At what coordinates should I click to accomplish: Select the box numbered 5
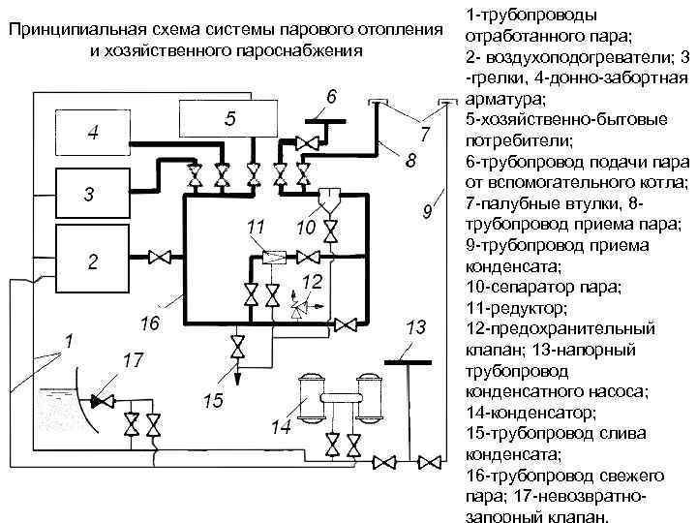tap(227, 120)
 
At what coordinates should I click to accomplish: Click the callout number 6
tap(331, 97)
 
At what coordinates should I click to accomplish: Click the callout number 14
tap(282, 426)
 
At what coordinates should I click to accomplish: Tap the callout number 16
tap(150, 322)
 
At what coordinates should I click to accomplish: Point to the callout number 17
tap(134, 360)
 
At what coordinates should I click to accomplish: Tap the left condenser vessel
tap(311, 395)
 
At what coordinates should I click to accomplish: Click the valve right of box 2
tap(165, 257)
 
